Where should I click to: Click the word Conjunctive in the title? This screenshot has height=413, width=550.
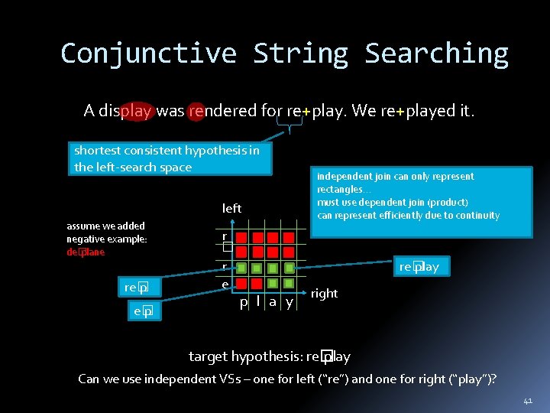pos(148,54)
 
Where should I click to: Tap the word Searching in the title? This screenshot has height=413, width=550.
pos(436,54)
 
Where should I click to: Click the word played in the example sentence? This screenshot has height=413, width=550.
pos(430,111)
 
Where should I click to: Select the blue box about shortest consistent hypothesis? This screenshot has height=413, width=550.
pos(167,158)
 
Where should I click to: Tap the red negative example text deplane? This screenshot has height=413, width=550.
pos(86,252)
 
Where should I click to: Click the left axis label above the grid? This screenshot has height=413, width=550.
pos(231,208)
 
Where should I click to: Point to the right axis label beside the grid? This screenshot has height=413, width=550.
pos(324,293)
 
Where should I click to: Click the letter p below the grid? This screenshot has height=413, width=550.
pos(243,302)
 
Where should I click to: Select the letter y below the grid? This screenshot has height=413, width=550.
pos(289,302)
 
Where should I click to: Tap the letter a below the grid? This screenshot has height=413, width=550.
pos(273,302)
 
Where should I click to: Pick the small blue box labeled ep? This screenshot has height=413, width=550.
pos(142,311)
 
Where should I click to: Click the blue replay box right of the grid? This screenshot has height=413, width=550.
pos(419,266)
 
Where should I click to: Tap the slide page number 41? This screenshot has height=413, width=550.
pos(528,401)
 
